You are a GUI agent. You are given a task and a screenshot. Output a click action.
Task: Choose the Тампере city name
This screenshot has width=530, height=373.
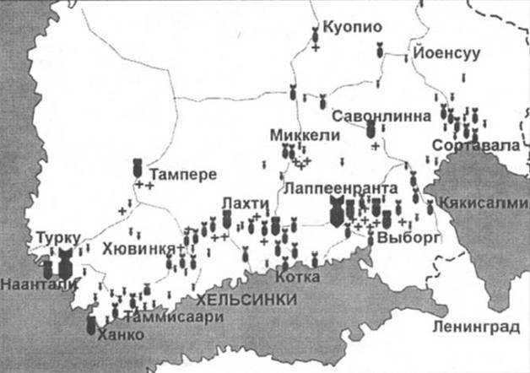click(x=186, y=175)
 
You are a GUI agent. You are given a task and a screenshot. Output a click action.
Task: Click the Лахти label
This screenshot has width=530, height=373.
click(x=244, y=203)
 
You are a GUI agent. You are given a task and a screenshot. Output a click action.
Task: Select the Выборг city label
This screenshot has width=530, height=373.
click(x=408, y=239)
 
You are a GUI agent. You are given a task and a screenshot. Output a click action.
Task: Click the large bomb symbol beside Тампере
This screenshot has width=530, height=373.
click(x=138, y=168)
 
